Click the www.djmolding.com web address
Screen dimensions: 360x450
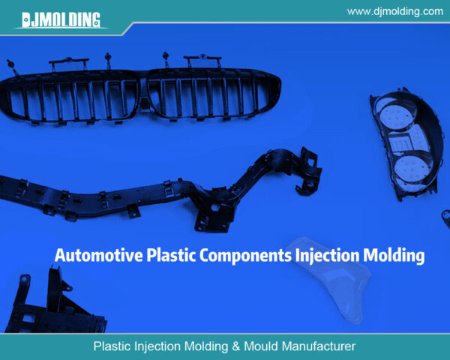pyautogui.click(x=395, y=11)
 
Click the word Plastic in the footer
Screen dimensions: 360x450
pyautogui.click(x=112, y=346)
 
